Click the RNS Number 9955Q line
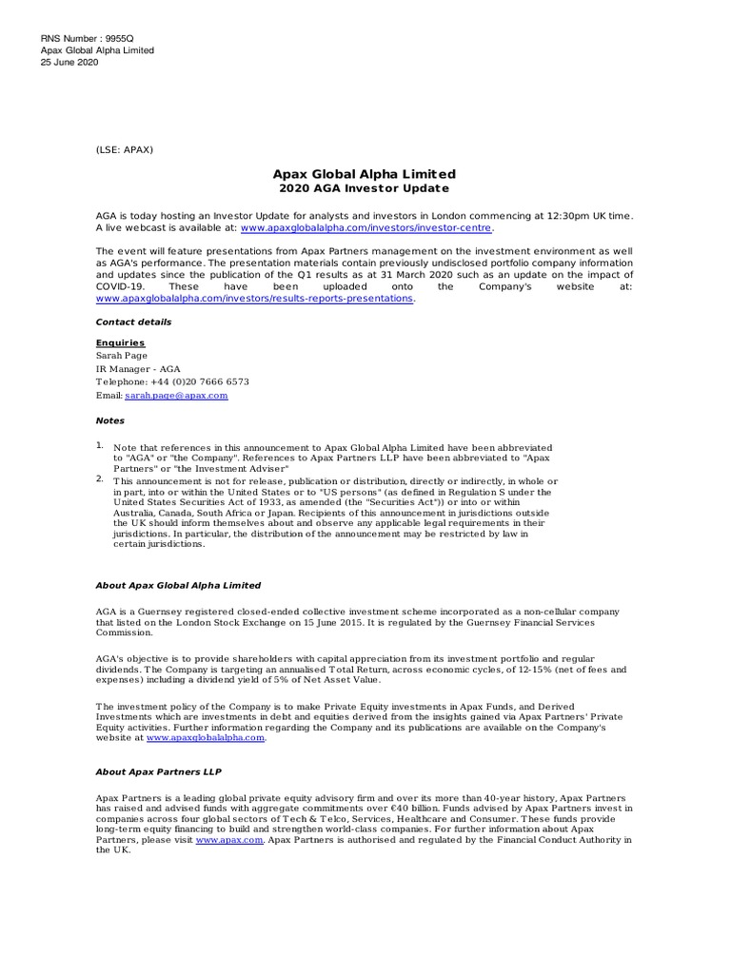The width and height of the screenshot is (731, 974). pos(88,38)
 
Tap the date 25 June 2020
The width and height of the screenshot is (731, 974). pos(69,63)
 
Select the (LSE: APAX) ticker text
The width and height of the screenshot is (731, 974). pos(124,149)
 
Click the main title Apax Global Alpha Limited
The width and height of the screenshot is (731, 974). pos(365,174)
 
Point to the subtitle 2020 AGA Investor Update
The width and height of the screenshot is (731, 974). pos(365,188)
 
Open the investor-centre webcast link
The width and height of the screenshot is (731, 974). pos(367,228)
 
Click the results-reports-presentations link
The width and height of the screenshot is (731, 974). pos(254,298)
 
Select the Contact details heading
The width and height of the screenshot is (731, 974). pos(133,322)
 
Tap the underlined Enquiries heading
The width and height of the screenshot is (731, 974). pos(120,342)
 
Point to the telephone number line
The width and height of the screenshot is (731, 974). pos(172,381)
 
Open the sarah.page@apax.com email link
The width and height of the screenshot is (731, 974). pos(176,395)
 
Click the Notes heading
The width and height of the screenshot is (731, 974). pos(109,420)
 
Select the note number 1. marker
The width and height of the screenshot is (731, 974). pos(99,444)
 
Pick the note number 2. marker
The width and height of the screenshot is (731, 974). pos(99,478)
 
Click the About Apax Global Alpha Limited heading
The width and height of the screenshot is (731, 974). pos(178,585)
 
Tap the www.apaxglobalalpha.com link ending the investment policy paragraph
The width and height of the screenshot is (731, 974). pos(205,737)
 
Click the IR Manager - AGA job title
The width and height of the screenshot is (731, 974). pos(138,369)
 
